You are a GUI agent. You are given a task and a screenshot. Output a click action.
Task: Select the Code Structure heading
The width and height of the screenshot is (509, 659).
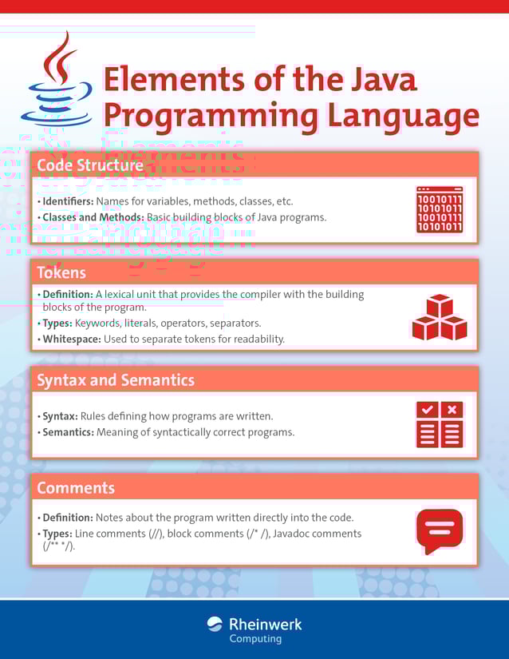pos(90,165)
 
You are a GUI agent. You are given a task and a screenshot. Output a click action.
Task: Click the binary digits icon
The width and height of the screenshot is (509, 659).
pos(440,210)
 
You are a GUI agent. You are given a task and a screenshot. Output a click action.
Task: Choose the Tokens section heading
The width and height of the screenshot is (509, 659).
pos(61,272)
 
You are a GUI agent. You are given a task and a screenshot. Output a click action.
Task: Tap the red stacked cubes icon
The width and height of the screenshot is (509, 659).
pos(439,318)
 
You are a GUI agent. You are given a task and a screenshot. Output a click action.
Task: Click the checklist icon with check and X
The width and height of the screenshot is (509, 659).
pos(439,424)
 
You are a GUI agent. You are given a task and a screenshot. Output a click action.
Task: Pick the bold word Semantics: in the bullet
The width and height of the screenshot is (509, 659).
pos(68,432)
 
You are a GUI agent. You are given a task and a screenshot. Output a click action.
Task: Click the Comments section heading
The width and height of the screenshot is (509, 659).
pos(76,487)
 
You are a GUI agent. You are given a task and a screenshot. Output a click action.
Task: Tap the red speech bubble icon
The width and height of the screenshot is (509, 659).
pos(440,530)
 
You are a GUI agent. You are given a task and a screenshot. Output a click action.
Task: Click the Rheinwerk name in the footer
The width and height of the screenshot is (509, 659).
pos(266,624)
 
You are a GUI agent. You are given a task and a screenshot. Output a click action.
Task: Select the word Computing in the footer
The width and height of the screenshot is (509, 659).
pos(255,639)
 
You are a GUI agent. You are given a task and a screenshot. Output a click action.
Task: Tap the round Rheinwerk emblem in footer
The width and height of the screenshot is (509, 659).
pos(215,624)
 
